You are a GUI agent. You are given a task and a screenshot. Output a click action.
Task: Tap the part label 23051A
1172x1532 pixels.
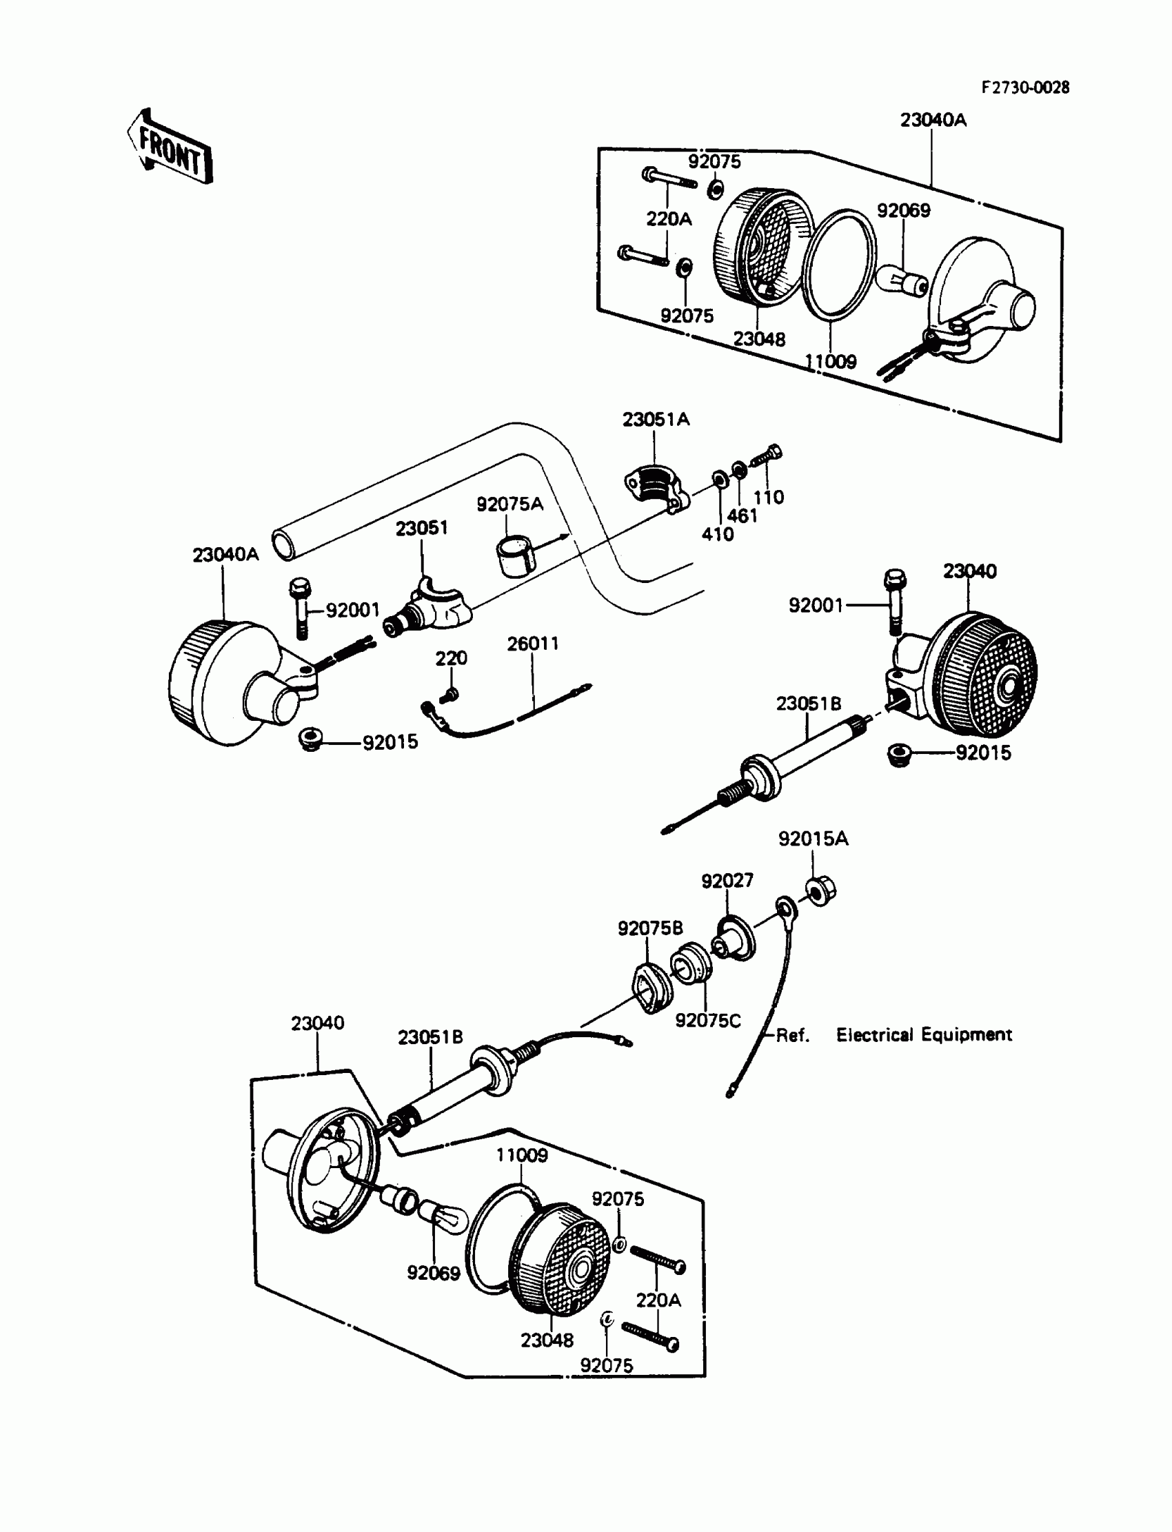click(655, 420)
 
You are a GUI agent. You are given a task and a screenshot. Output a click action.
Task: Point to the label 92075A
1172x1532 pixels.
click(509, 504)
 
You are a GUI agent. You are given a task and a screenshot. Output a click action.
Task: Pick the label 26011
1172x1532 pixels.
click(532, 644)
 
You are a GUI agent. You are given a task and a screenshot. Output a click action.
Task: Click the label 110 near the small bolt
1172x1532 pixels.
click(768, 497)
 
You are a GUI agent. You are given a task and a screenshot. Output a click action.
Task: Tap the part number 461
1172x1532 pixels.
click(742, 516)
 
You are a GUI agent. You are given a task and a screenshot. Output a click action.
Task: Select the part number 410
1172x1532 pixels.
click(717, 534)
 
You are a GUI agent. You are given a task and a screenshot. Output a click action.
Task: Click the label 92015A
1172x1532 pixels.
click(813, 839)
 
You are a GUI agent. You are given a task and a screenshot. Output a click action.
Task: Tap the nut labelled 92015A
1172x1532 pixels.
click(820, 892)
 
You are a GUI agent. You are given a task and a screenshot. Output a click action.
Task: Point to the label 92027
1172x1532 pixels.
click(727, 881)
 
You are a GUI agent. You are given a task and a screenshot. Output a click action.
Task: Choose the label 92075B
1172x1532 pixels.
click(649, 928)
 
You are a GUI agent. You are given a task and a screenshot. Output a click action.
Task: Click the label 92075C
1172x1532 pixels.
click(707, 1021)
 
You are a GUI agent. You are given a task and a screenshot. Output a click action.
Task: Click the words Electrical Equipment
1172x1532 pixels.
click(924, 1035)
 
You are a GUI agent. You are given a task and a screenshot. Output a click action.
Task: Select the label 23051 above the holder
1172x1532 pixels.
click(421, 529)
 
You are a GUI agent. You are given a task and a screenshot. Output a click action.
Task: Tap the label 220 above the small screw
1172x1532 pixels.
click(451, 658)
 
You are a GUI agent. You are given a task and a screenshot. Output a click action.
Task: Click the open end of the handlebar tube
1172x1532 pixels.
click(284, 543)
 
